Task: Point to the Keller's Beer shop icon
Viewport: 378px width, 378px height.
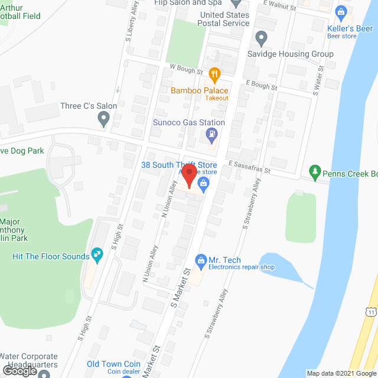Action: point(340,11)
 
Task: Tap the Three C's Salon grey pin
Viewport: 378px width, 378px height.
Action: point(105,120)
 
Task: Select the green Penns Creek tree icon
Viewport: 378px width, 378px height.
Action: point(315,172)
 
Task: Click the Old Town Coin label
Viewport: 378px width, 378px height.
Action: point(113,364)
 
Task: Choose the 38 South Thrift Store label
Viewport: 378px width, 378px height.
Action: point(179,165)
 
